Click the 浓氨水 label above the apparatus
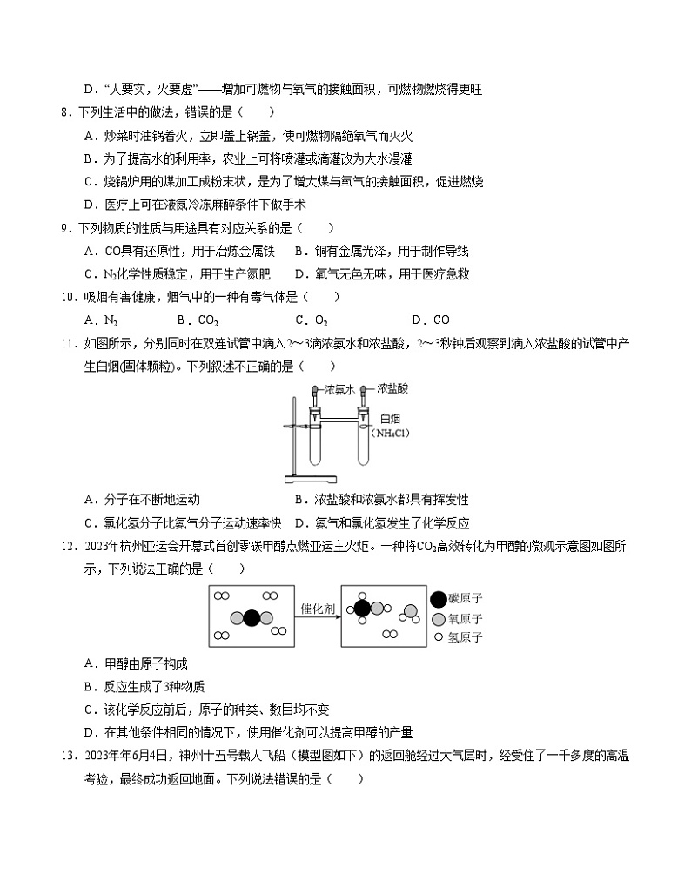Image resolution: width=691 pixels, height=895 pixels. [339, 391]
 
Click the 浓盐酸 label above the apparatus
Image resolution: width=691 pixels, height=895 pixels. [395, 391]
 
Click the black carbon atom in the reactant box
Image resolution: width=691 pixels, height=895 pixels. [252, 618]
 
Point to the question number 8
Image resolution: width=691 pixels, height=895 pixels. [64, 111]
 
